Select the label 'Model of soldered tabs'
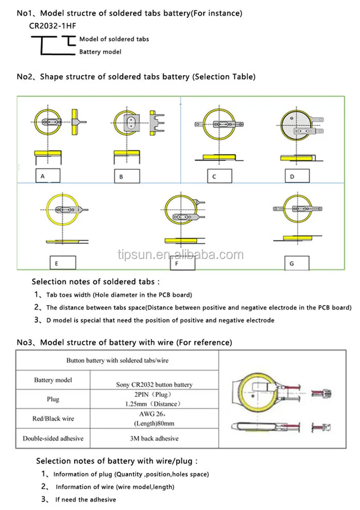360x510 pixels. (x=114, y=39)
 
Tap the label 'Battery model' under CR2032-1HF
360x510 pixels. (x=100, y=52)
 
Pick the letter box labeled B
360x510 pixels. (x=126, y=176)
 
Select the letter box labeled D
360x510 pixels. (x=297, y=176)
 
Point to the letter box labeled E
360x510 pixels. (x=62, y=263)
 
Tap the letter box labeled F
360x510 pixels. (x=182, y=263)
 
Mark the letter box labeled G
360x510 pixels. (x=297, y=263)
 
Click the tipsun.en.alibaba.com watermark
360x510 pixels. (x=180, y=255)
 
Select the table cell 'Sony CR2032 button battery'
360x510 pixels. (x=154, y=385)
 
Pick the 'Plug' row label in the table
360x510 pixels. (x=53, y=399)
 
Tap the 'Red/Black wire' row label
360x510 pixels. (x=53, y=419)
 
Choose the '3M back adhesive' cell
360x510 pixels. (x=154, y=438)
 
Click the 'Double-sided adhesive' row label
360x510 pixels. (x=53, y=438)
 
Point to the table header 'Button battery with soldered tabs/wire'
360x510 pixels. (x=117, y=360)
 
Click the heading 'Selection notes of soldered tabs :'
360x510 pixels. (x=96, y=282)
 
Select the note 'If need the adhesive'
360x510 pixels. (x=86, y=499)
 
